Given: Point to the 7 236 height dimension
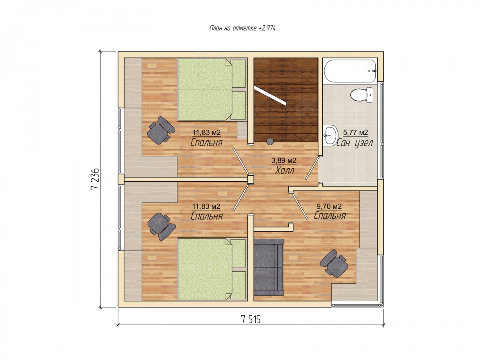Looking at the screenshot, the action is tap(95, 179).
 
